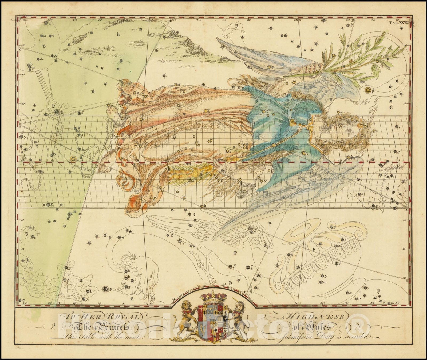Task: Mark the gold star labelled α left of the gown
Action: (73, 159)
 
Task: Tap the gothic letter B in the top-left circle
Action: (44, 46)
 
